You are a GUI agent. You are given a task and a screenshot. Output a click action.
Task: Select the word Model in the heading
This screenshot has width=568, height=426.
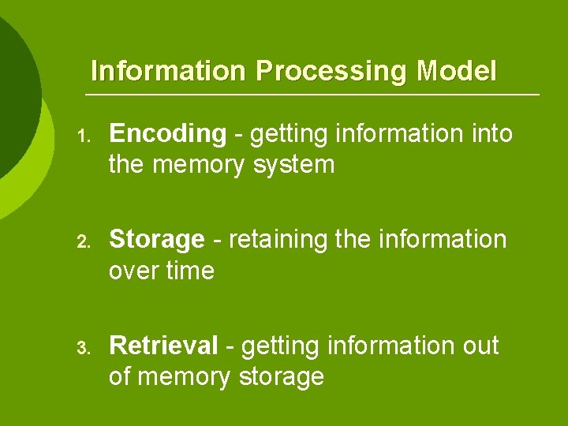(457, 71)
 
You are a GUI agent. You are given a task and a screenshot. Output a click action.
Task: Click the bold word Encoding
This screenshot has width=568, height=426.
(167, 135)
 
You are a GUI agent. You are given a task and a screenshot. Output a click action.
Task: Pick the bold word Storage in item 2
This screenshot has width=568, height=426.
(156, 239)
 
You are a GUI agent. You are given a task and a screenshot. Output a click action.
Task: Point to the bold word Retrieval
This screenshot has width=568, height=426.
(163, 345)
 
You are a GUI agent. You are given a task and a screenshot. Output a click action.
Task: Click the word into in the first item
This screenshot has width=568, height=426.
(491, 134)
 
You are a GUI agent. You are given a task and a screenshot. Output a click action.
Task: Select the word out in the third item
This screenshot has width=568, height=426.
(477, 345)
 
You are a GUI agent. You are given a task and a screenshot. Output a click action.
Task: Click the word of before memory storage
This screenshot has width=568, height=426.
(120, 376)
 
